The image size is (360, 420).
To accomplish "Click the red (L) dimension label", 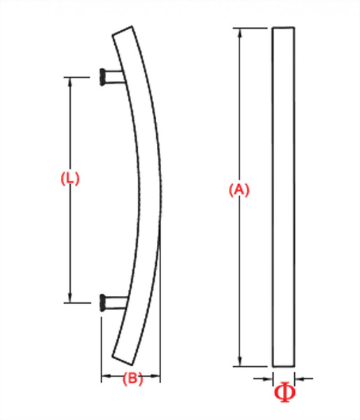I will (70, 178).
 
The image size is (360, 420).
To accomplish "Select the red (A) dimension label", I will (240, 190).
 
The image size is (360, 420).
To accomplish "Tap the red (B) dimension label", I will (132, 379).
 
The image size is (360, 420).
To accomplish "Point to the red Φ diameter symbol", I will (284, 393).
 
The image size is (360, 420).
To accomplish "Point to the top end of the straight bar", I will (283, 29).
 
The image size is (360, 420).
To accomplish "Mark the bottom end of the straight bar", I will (283, 365).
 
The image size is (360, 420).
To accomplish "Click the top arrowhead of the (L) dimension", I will (70, 80).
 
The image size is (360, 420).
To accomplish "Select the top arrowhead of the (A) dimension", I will (240, 32).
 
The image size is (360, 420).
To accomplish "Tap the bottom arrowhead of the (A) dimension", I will (240, 362).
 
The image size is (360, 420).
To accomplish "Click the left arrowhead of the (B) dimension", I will (106, 379).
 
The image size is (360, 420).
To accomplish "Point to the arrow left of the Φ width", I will (267, 379).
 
